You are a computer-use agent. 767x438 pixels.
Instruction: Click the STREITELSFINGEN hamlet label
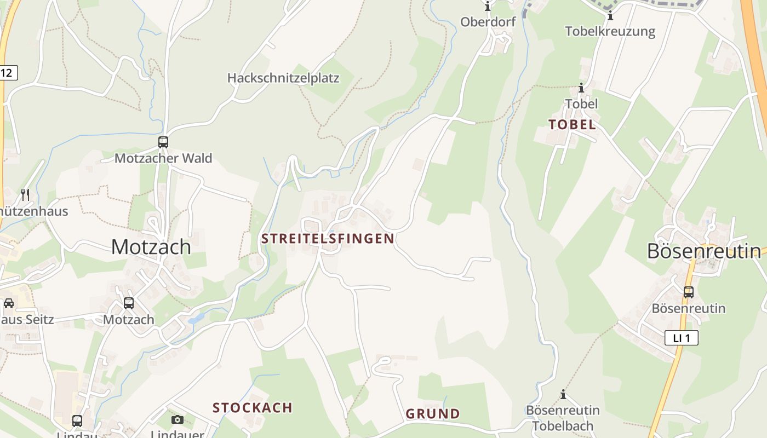pyautogui.click(x=328, y=239)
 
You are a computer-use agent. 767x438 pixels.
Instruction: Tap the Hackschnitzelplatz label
pyautogui.click(x=283, y=78)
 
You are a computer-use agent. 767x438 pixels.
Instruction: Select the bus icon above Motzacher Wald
pyautogui.click(x=163, y=142)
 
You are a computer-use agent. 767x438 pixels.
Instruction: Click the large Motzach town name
pyautogui.click(x=151, y=247)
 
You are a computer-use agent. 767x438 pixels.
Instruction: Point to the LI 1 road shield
pyautogui.click(x=682, y=338)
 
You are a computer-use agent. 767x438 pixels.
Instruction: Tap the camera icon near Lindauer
pyautogui.click(x=178, y=419)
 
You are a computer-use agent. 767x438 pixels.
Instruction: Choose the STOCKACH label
pyautogui.click(x=253, y=408)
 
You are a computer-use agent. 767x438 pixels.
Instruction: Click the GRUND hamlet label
pyautogui.click(x=433, y=414)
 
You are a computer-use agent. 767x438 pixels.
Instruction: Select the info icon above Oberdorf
pyautogui.click(x=488, y=7)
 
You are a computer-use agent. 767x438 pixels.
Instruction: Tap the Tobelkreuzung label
pyautogui.click(x=610, y=31)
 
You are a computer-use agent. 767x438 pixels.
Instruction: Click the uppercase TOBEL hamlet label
pyautogui.click(x=572, y=125)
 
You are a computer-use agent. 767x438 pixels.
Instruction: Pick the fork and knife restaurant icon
pyautogui.click(x=25, y=194)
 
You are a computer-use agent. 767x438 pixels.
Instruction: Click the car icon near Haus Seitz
pyautogui.click(x=9, y=303)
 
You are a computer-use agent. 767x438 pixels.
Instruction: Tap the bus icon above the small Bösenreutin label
pyautogui.click(x=689, y=292)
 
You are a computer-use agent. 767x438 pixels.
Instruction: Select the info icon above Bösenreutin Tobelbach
pyautogui.click(x=563, y=394)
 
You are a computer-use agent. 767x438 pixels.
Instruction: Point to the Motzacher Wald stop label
pyautogui.click(x=163, y=159)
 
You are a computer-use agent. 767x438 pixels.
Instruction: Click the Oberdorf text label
pyautogui.click(x=488, y=22)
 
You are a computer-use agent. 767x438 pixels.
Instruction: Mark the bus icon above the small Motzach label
pyautogui.click(x=129, y=303)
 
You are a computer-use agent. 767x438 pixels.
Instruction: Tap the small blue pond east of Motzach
pyautogui.click(x=196, y=318)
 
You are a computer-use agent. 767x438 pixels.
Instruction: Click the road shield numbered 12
pyautogui.click(x=8, y=73)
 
